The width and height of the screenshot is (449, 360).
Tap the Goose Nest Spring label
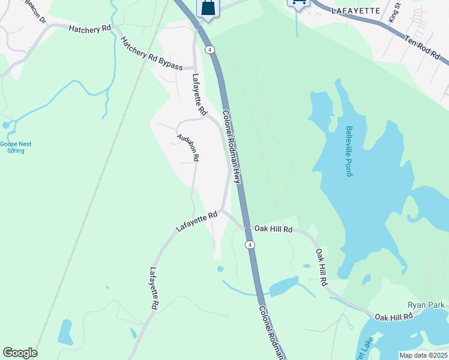click(16, 147)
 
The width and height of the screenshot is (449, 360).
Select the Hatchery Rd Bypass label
click(151, 54)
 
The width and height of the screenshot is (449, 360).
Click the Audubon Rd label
click(187, 147)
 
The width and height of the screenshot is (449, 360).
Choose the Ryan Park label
click(426, 305)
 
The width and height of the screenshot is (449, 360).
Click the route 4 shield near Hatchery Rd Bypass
click(209, 50)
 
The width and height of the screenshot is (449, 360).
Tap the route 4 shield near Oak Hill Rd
click(250, 244)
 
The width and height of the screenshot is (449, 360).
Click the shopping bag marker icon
click(207, 8)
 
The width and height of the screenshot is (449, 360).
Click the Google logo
click(20, 353)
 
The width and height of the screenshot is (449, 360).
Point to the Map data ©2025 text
click(423, 355)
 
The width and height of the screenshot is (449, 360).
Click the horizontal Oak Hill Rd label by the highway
click(273, 229)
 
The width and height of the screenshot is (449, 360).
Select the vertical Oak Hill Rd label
click(322, 267)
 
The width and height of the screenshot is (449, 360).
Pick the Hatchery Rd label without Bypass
click(90, 28)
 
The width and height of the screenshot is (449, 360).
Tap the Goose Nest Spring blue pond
click(7, 125)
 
